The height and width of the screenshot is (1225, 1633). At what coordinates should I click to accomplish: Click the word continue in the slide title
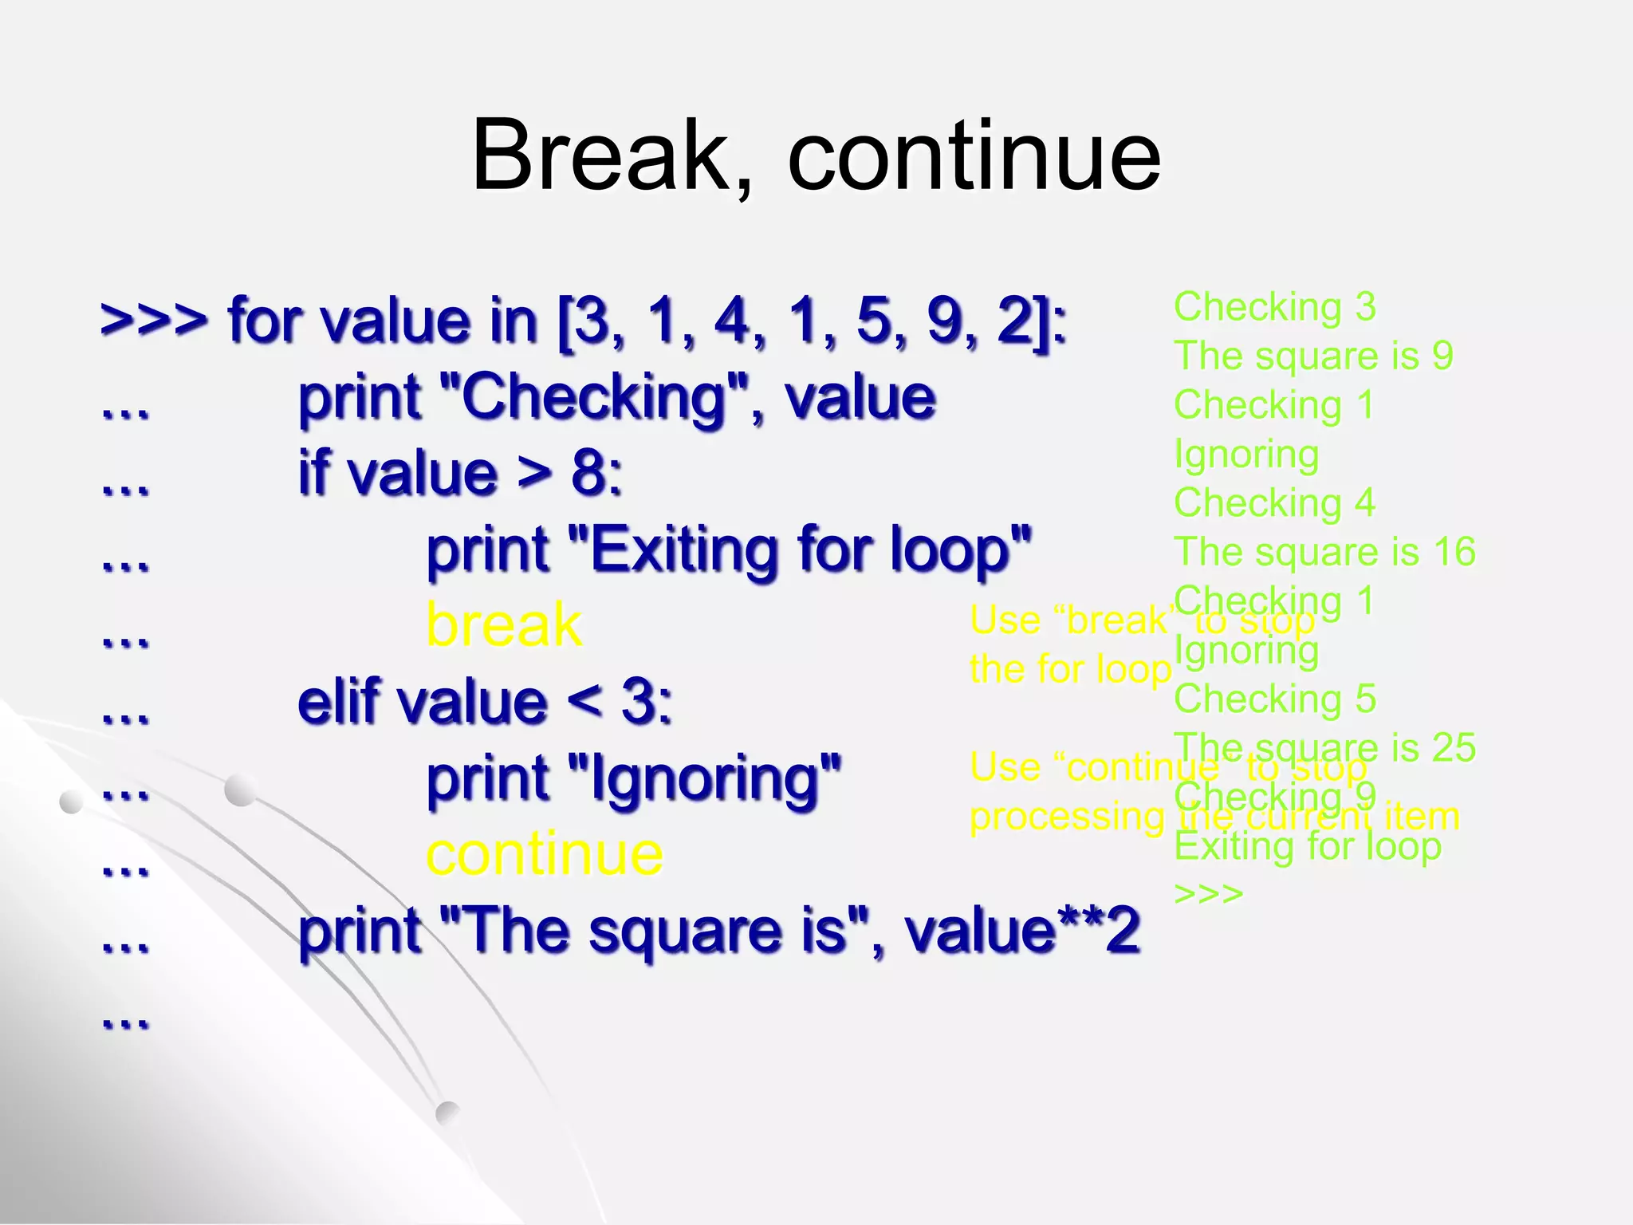[x=974, y=157]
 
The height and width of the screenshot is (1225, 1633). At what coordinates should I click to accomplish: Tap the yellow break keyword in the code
[x=504, y=624]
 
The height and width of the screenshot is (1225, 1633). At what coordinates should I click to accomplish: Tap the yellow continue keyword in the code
[x=545, y=854]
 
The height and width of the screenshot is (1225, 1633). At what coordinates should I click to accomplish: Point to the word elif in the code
[x=343, y=702]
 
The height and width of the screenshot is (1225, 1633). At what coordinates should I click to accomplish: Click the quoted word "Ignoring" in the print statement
[x=704, y=778]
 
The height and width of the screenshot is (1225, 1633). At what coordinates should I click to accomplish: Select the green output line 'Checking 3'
[x=1274, y=307]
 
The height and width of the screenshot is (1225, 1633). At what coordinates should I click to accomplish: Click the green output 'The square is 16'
[x=1324, y=552]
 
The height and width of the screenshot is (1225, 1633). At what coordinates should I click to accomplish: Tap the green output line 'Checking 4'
[x=1274, y=503]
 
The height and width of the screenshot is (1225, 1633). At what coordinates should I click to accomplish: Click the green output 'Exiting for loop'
[x=1308, y=846]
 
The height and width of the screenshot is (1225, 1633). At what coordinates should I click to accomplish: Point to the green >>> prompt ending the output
[x=1208, y=893]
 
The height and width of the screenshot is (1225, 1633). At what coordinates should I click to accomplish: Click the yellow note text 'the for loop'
[x=1070, y=669]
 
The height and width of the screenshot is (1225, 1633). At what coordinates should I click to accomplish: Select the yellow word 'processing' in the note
[x=1067, y=817]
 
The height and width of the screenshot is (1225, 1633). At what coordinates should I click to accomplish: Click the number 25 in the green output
[x=1453, y=748]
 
